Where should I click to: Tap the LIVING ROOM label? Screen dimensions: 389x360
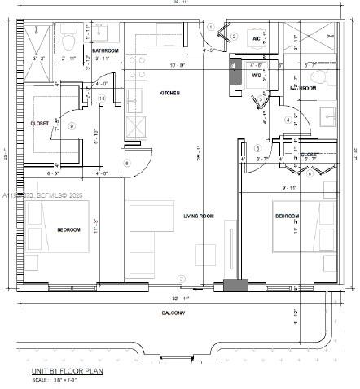tap(198, 215)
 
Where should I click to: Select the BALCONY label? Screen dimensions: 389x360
tap(173, 313)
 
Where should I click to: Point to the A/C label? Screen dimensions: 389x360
tap(256, 38)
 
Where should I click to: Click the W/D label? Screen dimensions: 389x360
tap(256, 76)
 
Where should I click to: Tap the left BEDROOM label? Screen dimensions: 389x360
tap(68, 230)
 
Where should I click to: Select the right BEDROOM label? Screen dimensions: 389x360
tap(287, 216)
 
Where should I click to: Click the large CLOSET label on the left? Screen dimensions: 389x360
tap(17, 124)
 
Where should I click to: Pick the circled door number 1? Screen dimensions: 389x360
tap(210, 27)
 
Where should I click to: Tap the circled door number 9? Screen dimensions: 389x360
tap(72, 125)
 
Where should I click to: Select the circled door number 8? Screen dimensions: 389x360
tap(126, 163)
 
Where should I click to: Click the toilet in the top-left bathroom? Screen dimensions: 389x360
tap(70, 38)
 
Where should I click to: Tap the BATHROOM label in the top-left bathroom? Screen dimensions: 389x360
tap(106, 50)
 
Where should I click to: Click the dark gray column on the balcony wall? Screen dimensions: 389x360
tap(236, 286)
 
